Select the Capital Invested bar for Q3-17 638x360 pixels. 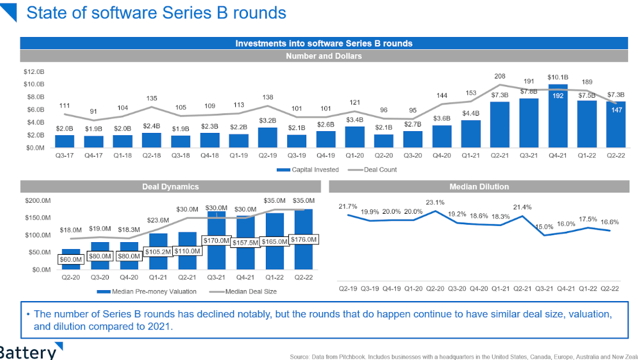pos(65,141)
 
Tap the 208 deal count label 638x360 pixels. pos(500,76)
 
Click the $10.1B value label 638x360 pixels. pos(558,77)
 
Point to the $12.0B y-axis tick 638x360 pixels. pos(34,72)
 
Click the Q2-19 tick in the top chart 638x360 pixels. pos(268,156)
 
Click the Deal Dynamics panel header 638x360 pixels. pos(170,187)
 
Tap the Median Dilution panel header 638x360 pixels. pos(478,187)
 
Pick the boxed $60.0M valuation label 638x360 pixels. pos(71,259)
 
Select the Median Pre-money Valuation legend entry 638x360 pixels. pos(147,292)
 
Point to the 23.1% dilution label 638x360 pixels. pos(435,203)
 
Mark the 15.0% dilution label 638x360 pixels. pos(544,227)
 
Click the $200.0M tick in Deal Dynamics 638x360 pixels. pos(38,201)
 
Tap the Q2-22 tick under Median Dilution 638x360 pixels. pos(609,288)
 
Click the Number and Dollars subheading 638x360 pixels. pos(324,56)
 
